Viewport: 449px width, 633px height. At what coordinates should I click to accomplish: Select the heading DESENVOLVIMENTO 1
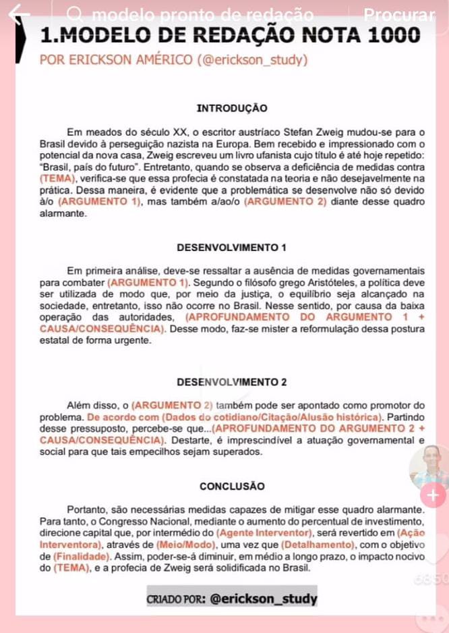pos(231,246)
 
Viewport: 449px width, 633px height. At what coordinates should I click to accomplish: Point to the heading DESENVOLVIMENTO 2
pos(231,382)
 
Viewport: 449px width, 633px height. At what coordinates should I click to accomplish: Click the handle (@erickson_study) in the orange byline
pos(253,60)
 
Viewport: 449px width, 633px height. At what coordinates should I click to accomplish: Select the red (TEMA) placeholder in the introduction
pos(59,178)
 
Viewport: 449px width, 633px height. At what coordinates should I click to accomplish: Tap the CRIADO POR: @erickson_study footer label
pos(232,598)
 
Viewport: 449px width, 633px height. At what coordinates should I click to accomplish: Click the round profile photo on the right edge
pos(429,466)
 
